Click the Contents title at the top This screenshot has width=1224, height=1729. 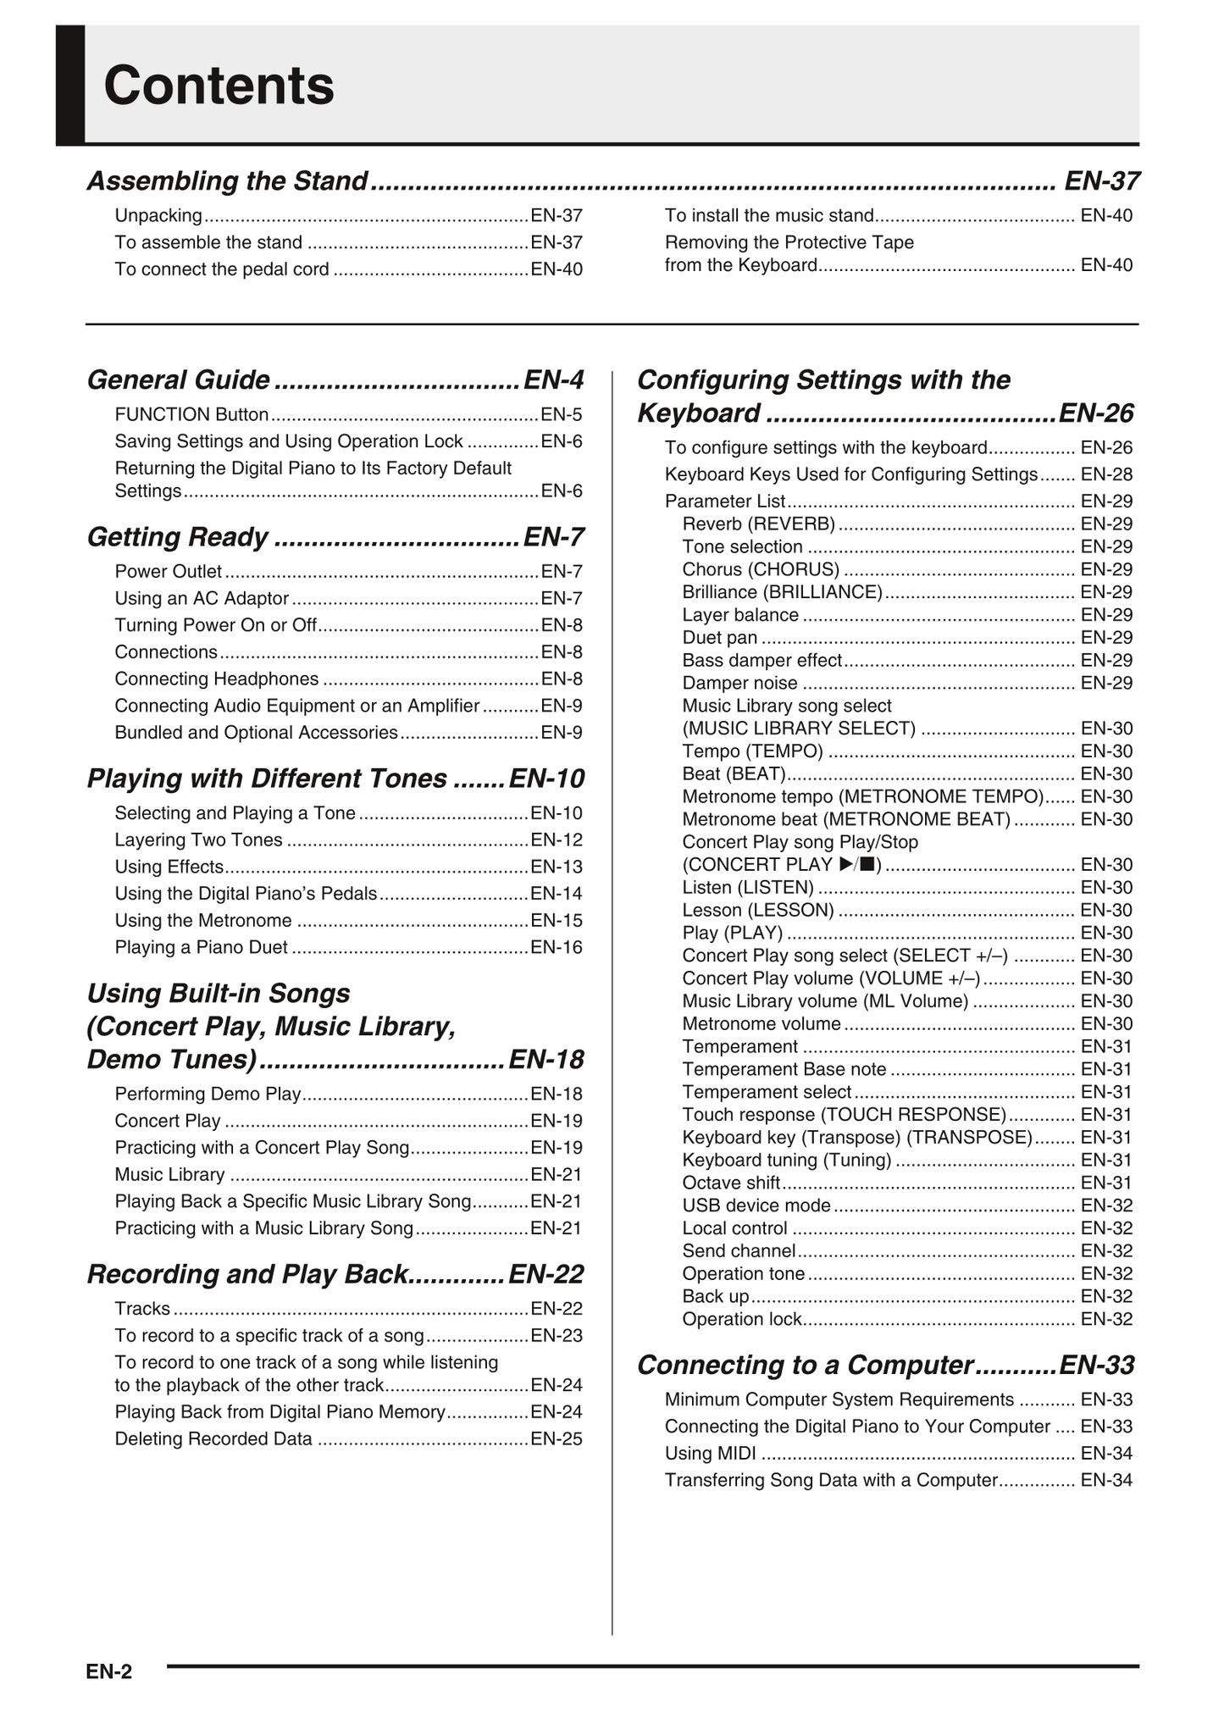pos(219,86)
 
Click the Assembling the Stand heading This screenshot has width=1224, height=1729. pos(227,181)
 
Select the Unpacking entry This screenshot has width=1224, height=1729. pos(158,216)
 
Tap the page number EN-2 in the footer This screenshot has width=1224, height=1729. pos(108,1671)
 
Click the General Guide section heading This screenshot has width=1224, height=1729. pos(179,380)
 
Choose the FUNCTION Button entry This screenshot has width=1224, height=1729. pos(191,415)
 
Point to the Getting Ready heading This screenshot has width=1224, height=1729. pos(178,537)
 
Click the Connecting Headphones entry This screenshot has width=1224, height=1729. pos(217,679)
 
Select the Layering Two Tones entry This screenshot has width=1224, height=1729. pos(198,840)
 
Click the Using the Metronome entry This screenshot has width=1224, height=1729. pos(203,921)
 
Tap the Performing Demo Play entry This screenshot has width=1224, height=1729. pos(208,1094)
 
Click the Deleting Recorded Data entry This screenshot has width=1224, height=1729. pos(213,1439)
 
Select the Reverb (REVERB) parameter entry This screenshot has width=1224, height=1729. pos(758,524)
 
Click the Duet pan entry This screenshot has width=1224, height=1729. pos(719,638)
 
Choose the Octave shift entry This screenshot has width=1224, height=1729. pos(731,1183)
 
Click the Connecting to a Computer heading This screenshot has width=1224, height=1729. pos(805,1366)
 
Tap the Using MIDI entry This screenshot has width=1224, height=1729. pos(710,1454)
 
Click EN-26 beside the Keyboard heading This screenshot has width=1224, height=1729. pos(1096,413)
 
